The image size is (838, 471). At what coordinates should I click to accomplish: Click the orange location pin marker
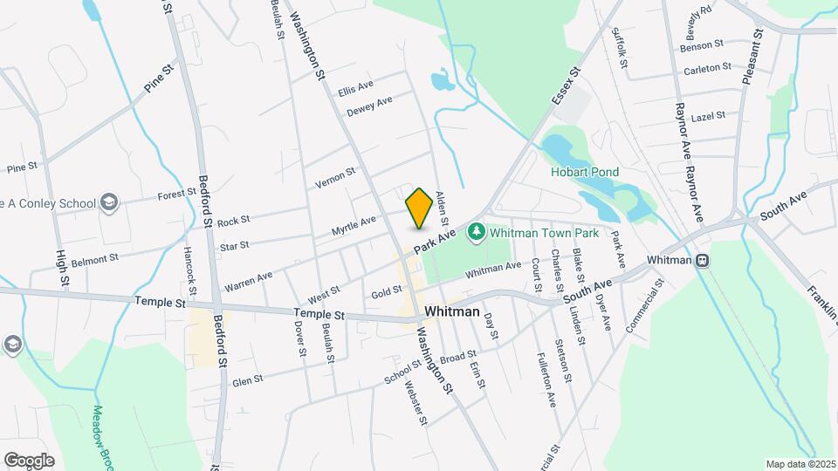[419, 208]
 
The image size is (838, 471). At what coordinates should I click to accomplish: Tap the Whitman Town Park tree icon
[476, 233]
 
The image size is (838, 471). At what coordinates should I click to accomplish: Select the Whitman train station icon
[701, 261]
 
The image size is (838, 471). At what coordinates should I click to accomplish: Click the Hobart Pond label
[584, 172]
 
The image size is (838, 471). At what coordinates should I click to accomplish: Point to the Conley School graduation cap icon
[109, 203]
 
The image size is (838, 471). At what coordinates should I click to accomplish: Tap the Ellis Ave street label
[355, 89]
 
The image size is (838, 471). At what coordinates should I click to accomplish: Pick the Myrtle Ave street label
[354, 226]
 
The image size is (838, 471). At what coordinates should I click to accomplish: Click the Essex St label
[565, 86]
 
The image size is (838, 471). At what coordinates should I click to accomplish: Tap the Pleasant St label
[752, 57]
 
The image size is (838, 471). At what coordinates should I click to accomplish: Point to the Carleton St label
[707, 68]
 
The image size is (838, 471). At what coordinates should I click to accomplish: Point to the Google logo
[29, 460]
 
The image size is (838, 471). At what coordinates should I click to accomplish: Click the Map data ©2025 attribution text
[800, 464]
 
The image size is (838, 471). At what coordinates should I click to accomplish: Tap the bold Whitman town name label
[451, 311]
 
